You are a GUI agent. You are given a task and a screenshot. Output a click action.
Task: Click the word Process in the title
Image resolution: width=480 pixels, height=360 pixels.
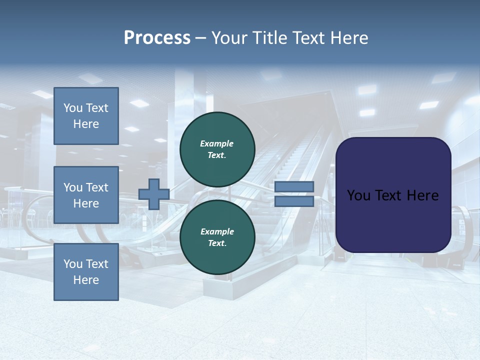[x=157, y=38]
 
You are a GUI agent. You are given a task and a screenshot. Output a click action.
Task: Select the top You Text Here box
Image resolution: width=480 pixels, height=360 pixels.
[x=86, y=116]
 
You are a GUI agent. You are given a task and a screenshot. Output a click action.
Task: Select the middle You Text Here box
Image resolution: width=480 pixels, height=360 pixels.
[x=86, y=195]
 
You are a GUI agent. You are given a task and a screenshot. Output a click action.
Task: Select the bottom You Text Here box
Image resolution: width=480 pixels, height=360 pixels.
[x=86, y=271]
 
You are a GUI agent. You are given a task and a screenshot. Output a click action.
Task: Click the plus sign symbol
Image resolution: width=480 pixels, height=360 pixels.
[x=153, y=194]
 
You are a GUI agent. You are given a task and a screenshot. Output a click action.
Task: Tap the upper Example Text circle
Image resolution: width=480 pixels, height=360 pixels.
[x=217, y=149]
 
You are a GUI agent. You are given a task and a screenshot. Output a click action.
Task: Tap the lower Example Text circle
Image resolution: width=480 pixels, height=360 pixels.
[x=217, y=237]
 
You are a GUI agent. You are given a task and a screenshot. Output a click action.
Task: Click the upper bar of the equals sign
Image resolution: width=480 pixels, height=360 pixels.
[x=294, y=187]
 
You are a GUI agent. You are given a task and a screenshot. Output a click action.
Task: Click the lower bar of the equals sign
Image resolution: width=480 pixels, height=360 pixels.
[x=294, y=201]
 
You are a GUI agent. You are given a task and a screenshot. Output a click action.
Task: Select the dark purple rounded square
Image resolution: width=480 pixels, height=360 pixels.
[x=393, y=195]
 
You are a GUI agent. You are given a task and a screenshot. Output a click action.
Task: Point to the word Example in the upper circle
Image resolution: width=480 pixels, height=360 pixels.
[x=217, y=143]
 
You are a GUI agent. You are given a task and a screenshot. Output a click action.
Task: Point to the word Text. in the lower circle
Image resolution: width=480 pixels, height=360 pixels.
[x=217, y=243]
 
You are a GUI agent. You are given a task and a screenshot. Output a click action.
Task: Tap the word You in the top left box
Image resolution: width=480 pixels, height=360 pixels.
[x=73, y=108]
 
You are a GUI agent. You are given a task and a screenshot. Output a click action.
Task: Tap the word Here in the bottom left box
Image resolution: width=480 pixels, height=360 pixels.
[x=86, y=280]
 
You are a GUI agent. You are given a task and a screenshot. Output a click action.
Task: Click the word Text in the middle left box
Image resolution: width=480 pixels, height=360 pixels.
[x=97, y=187]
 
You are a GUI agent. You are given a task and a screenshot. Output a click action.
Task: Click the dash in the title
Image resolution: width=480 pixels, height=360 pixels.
[x=201, y=38]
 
